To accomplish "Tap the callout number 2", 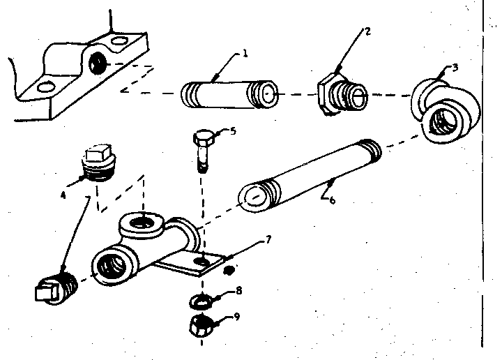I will (x=368, y=31).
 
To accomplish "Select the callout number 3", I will (x=455, y=68).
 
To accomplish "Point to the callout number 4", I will (x=63, y=195).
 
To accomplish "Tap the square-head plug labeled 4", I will (x=98, y=163).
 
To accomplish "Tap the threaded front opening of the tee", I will (x=111, y=266).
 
